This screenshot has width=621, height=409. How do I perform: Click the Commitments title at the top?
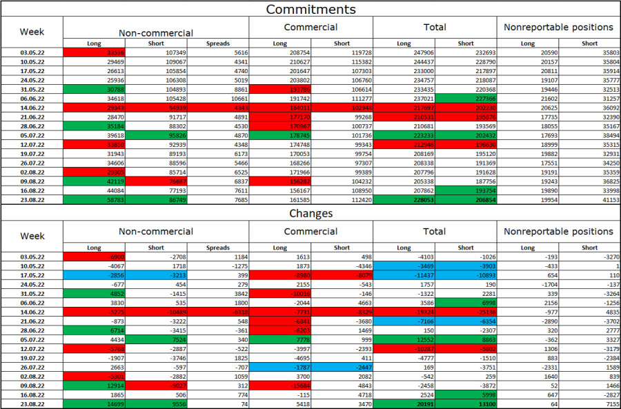click(x=310, y=10)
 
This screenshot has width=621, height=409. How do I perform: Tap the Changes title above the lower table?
click(x=310, y=214)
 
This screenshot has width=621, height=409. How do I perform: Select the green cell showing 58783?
click(x=94, y=199)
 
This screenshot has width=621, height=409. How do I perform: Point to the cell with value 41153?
click(x=589, y=199)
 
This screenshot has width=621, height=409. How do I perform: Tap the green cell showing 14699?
click(x=94, y=403)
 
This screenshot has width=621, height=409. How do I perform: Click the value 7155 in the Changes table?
click(x=589, y=403)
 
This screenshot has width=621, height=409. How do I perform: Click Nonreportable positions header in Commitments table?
click(x=558, y=28)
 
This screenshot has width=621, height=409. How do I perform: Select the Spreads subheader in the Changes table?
click(x=217, y=248)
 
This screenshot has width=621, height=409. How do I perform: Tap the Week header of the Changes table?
click(x=32, y=236)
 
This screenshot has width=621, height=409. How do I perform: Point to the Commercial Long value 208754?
click(x=279, y=52)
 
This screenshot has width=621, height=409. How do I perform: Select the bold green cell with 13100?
click(x=466, y=403)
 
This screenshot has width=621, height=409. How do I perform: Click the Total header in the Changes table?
click(x=435, y=232)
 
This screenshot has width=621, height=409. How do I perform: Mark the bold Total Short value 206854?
click(x=466, y=199)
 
